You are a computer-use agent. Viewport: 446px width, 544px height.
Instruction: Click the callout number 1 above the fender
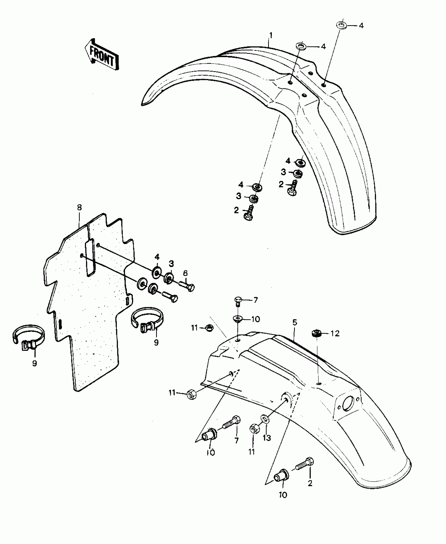pos(271,35)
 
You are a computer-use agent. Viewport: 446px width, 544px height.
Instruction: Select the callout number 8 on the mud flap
pos(79,207)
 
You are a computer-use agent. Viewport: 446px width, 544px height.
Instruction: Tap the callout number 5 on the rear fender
pos(295,323)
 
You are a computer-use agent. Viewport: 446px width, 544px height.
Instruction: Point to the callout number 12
pos(335,334)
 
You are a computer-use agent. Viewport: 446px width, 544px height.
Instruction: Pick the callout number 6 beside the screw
pos(185,273)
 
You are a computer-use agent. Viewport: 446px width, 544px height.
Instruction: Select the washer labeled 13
pos(265,426)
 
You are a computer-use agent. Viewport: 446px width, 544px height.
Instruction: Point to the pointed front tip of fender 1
pos(144,103)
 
